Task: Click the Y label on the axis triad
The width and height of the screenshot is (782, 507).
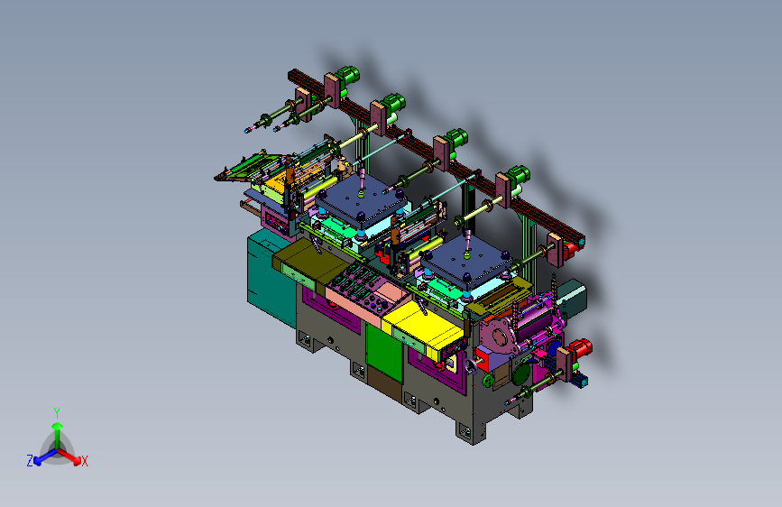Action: (x=57, y=413)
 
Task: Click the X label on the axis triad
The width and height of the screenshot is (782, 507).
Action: (x=85, y=462)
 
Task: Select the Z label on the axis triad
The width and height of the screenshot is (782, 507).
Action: (x=30, y=461)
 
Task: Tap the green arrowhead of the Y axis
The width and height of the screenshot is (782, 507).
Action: (x=58, y=426)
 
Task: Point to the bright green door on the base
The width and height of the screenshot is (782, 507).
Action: (x=384, y=353)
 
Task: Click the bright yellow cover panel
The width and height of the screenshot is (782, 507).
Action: (x=423, y=327)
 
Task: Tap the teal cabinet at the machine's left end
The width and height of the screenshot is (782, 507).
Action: (x=271, y=277)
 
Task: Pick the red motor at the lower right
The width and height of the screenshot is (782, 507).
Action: (x=580, y=348)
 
